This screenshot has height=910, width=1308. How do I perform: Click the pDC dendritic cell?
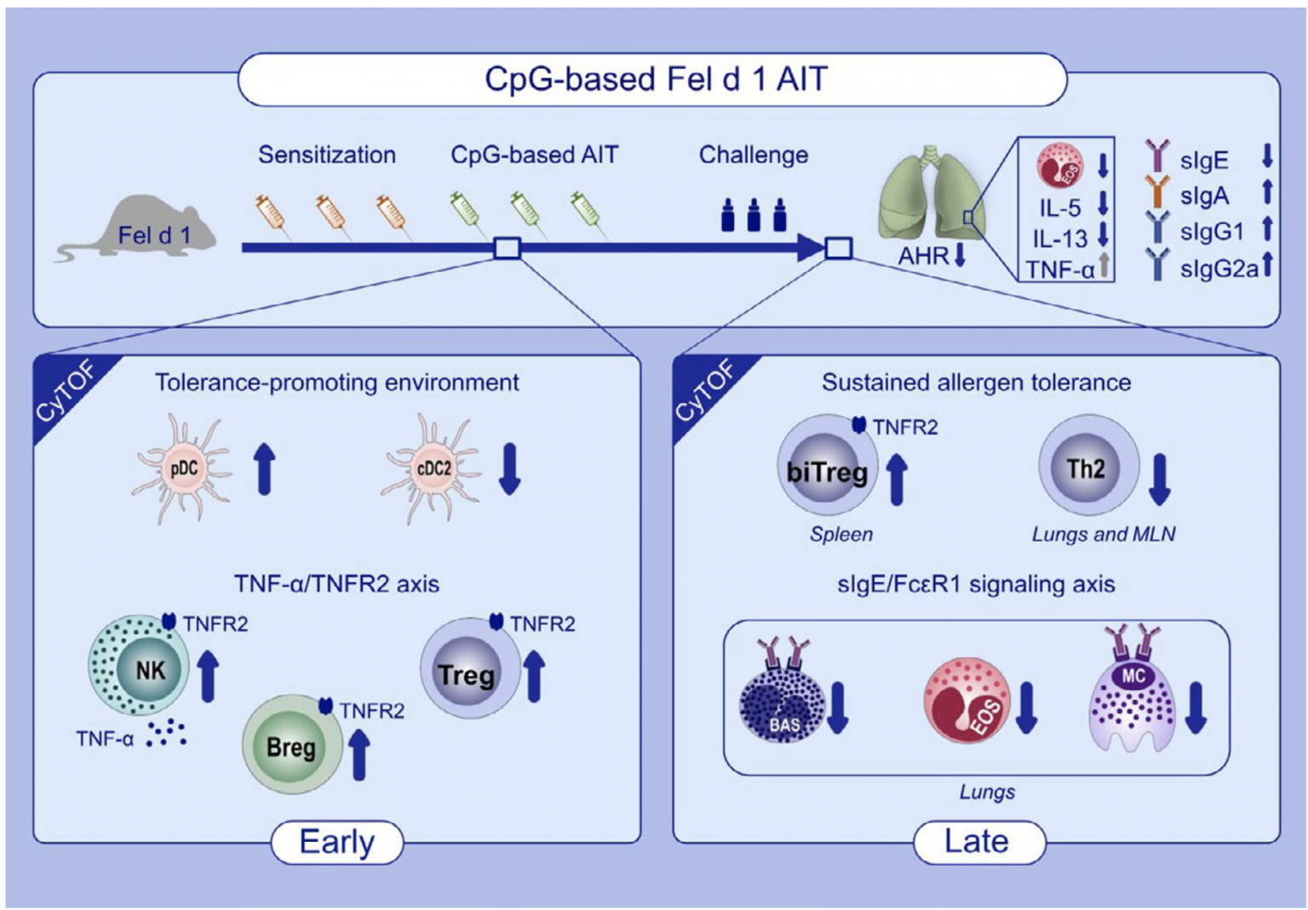click(182, 468)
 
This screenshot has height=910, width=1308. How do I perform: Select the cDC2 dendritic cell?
click(432, 468)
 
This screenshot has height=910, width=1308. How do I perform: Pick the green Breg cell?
click(291, 746)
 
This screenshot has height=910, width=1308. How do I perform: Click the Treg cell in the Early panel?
click(467, 672)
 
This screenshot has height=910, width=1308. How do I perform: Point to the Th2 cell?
click(1086, 467)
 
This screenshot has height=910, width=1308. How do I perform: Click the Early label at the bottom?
click(337, 842)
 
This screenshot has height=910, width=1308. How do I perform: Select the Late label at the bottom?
click(977, 842)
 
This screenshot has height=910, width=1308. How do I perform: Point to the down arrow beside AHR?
click(960, 255)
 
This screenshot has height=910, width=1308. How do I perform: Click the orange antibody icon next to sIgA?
click(1156, 193)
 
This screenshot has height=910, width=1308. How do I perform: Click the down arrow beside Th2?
click(1160, 479)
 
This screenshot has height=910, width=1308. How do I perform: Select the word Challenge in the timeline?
click(753, 155)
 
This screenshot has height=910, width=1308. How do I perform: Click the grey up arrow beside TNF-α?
click(1103, 267)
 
